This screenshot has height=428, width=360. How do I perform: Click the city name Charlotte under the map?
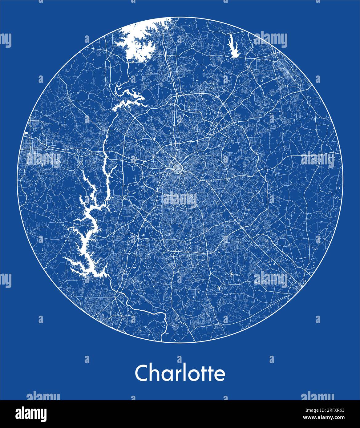[x=180, y=373]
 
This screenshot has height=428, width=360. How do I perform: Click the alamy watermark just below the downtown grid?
[x=180, y=200]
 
